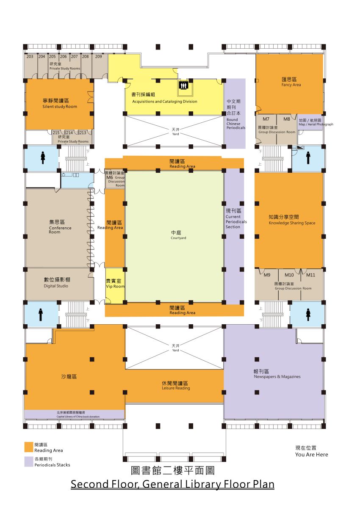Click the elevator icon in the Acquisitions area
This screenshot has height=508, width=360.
[184, 85]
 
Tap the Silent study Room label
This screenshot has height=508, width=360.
[60, 107]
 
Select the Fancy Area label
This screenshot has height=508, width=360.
[291, 85]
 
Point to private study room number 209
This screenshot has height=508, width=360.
[98, 56]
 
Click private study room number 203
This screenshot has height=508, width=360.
[30, 56]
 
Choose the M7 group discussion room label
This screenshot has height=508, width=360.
[266, 119]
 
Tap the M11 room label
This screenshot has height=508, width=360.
[310, 275]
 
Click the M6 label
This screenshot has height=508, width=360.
[110, 177]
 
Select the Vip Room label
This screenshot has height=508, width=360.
[115, 287]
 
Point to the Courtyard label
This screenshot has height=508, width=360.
[178, 238]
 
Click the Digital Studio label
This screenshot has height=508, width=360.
[56, 286]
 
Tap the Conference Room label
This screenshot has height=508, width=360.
[60, 230]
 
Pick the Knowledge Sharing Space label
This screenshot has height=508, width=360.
[292, 223]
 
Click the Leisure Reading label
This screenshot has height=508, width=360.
[176, 388]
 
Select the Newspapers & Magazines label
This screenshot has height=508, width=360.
[277, 377]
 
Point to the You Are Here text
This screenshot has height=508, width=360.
[311, 455]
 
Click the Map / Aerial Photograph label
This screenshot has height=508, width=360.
[316, 124]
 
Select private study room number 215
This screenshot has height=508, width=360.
[56, 133]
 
